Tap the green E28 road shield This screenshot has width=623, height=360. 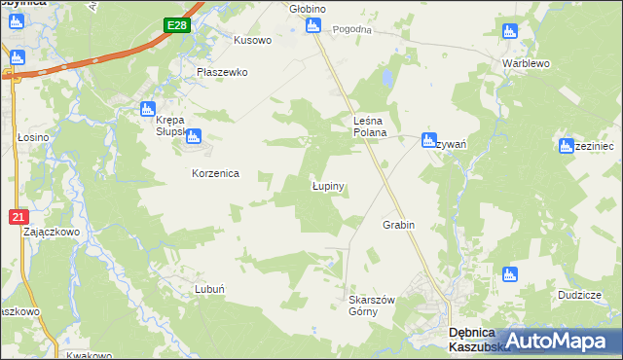click(176, 26)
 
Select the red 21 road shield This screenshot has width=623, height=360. click(18, 217)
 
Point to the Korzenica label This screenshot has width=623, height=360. click(215, 173)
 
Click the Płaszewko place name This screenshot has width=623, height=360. click(223, 72)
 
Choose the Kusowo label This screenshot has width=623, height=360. click(252, 41)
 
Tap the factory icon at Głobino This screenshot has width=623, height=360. click(312, 25)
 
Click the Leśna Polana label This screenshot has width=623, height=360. click(370, 126)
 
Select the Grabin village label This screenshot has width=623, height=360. click(399, 225)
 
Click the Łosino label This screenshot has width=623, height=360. click(33, 138)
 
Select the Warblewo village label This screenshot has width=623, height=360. click(527, 63)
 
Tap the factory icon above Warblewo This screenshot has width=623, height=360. click(509, 31)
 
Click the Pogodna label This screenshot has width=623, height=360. click(352, 29)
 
